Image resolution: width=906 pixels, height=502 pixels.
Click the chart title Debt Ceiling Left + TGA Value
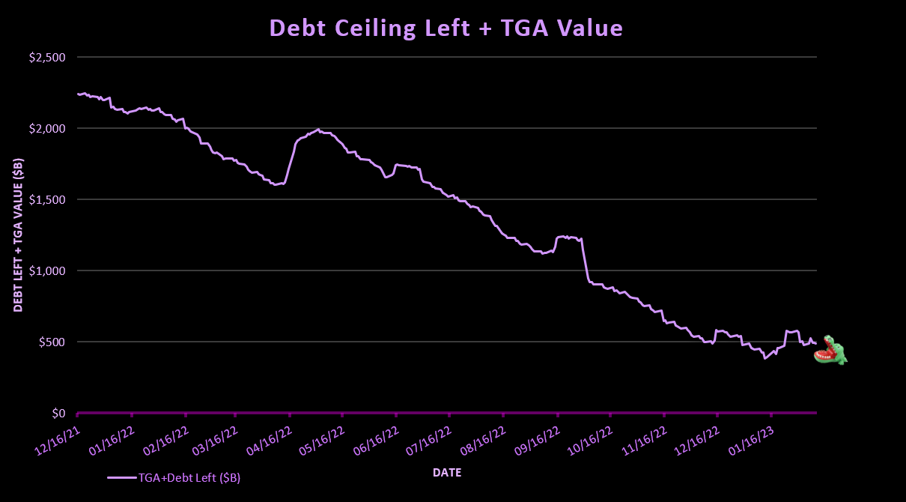coord(446,28)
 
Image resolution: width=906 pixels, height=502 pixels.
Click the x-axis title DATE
coord(446,473)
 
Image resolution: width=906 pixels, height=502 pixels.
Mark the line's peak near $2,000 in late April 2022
coord(319,130)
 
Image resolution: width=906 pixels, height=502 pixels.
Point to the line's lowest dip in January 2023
coord(764,358)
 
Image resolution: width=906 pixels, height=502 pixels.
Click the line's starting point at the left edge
coord(78,94)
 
